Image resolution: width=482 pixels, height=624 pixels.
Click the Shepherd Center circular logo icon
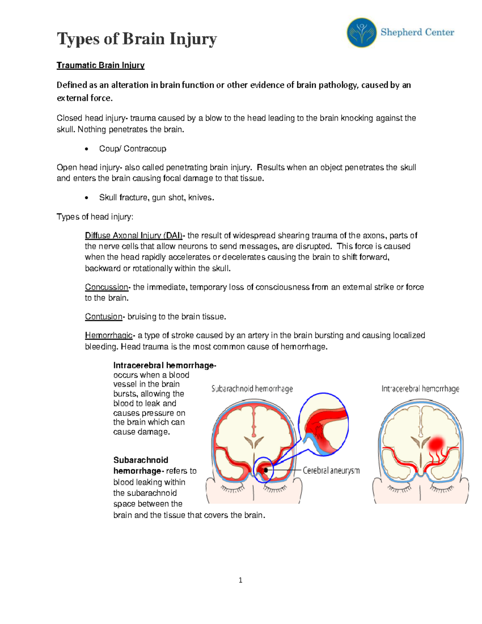click(x=361, y=33)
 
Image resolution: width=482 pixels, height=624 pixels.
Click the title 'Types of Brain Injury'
click(x=137, y=39)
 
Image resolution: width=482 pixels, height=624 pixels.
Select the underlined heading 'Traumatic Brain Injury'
click(x=100, y=65)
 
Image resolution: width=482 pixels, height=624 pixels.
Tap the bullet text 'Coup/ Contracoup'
click(x=133, y=149)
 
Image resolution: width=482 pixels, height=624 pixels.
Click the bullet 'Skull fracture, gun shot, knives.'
click(x=157, y=197)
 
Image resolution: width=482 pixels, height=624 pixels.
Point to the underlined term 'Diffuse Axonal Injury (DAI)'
click(x=134, y=235)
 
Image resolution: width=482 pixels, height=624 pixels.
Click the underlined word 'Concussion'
click(x=106, y=287)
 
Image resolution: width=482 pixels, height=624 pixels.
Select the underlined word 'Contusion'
click(x=104, y=317)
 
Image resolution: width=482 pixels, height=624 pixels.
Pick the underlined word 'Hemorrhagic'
click(x=108, y=336)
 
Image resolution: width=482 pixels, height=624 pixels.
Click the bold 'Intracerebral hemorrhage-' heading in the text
click(x=165, y=365)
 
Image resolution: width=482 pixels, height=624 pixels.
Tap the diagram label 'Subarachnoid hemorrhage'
click(x=252, y=389)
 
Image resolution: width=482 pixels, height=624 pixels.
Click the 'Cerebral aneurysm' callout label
click(x=331, y=470)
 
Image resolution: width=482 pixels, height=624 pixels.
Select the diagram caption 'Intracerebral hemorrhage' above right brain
click(x=420, y=389)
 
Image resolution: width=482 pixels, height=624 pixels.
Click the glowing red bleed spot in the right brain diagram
click(x=436, y=443)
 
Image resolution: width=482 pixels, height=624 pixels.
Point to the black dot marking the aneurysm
click(x=266, y=470)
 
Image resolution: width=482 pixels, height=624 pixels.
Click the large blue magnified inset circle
click(x=324, y=424)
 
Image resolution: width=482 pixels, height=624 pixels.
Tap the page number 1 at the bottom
click(x=240, y=580)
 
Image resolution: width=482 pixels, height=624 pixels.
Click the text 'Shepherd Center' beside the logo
click(x=417, y=33)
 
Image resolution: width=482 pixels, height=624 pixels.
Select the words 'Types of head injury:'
click(x=95, y=217)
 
